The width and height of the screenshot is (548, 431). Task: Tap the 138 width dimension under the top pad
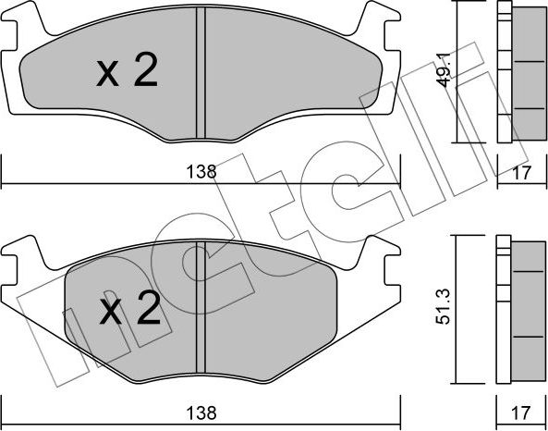click(201, 171)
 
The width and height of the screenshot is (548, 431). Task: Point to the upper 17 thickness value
click(521, 171)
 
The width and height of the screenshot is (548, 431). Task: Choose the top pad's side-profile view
click(518, 72)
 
